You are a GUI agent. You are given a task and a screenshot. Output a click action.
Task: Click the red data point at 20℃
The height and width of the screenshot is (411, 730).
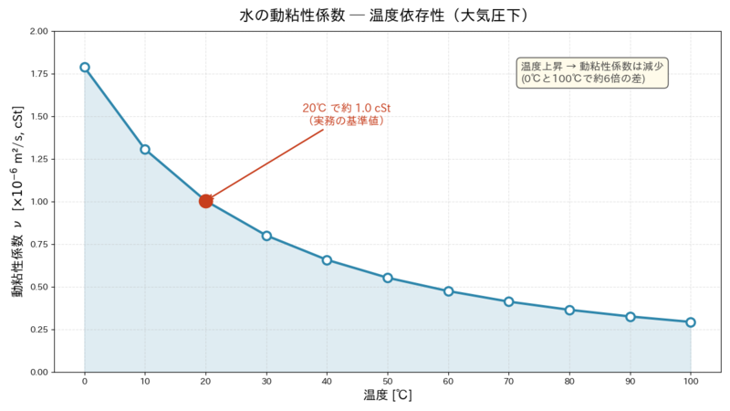205,201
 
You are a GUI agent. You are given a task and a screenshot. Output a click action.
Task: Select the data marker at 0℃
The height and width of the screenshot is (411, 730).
85,67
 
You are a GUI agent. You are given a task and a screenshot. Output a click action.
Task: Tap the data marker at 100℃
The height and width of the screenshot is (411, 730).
691,322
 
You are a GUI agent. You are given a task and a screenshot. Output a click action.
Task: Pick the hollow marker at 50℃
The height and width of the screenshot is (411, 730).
387,279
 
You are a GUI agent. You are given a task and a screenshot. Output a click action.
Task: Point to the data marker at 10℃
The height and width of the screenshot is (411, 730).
145,150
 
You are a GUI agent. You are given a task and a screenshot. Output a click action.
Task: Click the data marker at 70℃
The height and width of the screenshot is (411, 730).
509,302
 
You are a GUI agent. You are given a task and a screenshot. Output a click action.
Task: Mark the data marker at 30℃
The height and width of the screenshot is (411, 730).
266,236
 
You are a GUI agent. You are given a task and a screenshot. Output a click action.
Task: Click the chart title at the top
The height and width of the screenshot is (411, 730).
384,16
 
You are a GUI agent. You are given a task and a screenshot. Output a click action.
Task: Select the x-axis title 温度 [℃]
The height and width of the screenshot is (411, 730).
387,395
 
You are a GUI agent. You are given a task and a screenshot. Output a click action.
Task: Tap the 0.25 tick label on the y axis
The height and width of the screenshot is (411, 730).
38,330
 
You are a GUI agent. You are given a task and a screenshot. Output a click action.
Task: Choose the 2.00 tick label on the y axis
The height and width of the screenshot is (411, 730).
38,31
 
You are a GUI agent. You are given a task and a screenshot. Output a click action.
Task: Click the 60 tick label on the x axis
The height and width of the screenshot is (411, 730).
448,381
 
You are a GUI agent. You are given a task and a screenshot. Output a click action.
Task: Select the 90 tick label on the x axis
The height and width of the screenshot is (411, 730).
630,381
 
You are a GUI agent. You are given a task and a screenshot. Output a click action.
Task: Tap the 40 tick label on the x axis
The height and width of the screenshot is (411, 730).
327,381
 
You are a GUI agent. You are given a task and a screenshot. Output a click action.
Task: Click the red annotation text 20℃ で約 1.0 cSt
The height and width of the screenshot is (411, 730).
347,108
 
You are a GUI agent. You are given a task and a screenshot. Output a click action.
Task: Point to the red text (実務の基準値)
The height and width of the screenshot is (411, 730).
347,121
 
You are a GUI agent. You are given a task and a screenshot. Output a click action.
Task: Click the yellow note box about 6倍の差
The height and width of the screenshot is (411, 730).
592,73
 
